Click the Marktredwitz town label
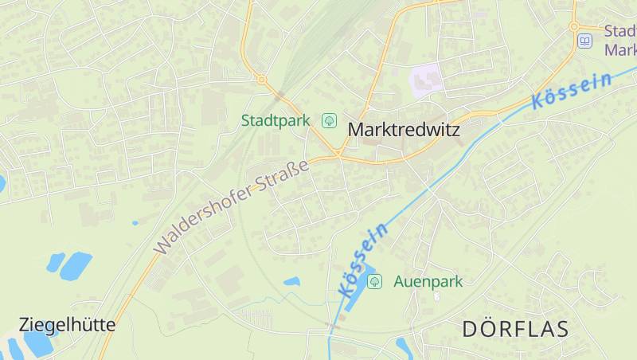click(x=404, y=129)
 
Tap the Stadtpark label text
click(x=275, y=121)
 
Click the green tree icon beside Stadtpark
click(x=328, y=120)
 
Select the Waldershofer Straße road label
click(x=231, y=207)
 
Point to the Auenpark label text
click(x=428, y=281)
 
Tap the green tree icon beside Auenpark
click(x=375, y=281)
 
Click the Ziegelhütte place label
click(x=67, y=325)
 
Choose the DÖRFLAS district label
click(x=515, y=328)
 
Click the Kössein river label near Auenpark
click(x=362, y=260)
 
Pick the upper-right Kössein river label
click(x=573, y=90)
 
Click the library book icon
click(x=585, y=41)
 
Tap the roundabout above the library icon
click(x=574, y=26)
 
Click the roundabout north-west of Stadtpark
click(x=260, y=79)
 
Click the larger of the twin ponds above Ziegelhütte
click(x=76, y=265)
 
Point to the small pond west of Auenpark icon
click(x=292, y=281)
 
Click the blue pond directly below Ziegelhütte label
click(x=37, y=343)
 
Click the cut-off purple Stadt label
click(x=619, y=40)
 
